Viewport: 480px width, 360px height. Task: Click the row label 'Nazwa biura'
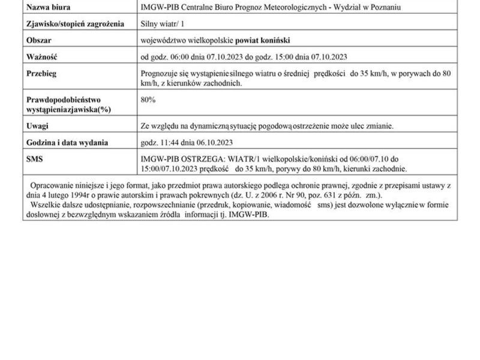[x=48, y=7]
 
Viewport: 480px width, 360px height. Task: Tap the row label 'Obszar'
[x=39, y=40]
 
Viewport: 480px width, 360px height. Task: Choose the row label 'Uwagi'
[x=37, y=126]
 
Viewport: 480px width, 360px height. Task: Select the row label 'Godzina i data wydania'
[x=67, y=142]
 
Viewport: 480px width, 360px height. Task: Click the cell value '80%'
[x=148, y=100]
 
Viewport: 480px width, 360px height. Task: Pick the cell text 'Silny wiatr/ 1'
[x=160, y=23]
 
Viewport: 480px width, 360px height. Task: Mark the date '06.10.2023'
[x=212, y=142]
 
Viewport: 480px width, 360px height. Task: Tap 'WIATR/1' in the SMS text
[x=226, y=158]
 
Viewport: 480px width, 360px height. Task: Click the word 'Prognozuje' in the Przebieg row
[x=158, y=73]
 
